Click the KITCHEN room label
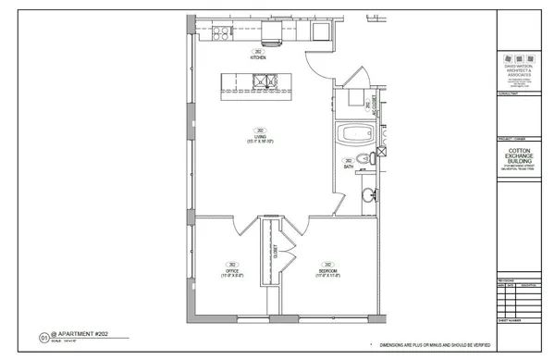pos(259,57)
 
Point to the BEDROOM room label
pos(326,271)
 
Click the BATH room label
pos(348,167)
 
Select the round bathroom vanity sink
pos(368,193)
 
